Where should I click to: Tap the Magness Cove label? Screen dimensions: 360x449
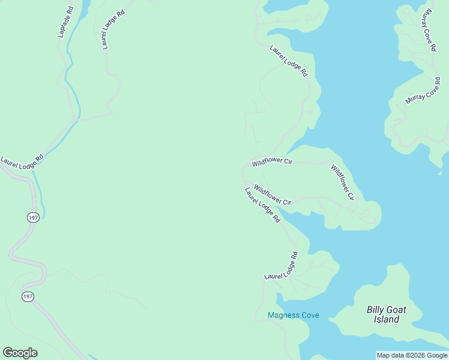[x=293, y=315]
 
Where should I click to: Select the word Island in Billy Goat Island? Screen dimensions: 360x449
[x=387, y=319]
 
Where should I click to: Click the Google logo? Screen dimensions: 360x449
[x=20, y=353]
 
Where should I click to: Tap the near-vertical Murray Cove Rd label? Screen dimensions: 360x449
[x=429, y=29]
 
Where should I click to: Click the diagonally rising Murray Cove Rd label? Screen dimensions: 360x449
[x=423, y=90]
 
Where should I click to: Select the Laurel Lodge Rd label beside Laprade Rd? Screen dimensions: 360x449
[x=112, y=29]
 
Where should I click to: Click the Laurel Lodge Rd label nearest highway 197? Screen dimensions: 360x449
[x=22, y=161]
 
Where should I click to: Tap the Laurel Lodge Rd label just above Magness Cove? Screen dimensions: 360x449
[x=282, y=266]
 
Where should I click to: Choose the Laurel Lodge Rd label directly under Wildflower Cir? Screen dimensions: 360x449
[x=262, y=205]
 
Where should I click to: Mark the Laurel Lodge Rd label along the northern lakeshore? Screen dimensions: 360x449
[x=289, y=61]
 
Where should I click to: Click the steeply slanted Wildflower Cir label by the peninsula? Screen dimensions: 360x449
[x=343, y=182]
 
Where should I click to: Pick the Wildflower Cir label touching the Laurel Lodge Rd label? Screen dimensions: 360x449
[x=272, y=194]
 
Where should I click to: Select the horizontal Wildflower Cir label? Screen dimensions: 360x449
[x=272, y=162]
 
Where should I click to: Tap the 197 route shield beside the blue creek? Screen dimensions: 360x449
[x=32, y=217]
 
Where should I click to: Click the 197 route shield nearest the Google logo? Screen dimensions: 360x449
[x=28, y=297]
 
